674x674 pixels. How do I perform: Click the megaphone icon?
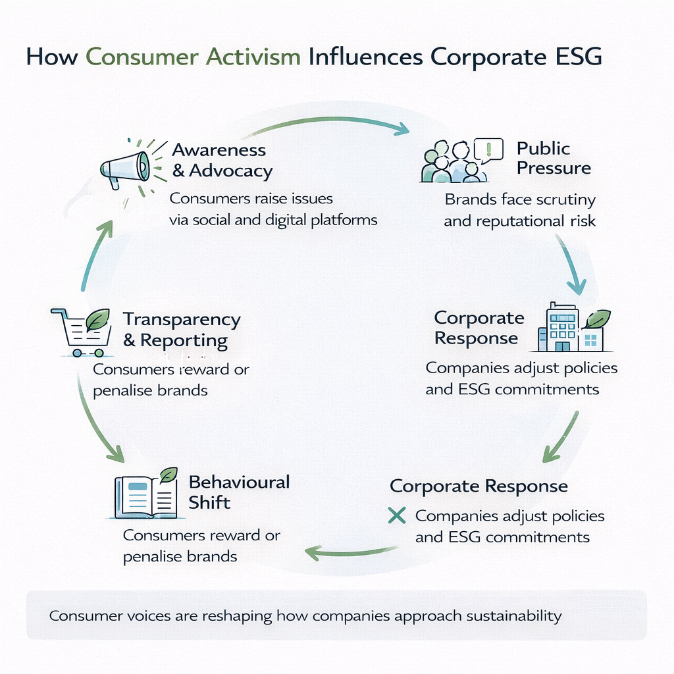[x=126, y=167]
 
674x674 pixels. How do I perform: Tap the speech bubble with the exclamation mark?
[x=488, y=151]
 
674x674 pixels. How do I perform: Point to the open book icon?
[x=145, y=497]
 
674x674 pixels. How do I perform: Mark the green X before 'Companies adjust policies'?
[x=397, y=515]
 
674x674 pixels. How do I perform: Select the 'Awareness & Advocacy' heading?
[x=222, y=160]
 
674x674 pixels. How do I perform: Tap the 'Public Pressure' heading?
[x=553, y=158]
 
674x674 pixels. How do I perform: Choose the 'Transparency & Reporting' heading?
[x=182, y=330]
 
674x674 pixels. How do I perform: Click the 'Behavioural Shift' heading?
[x=239, y=492]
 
